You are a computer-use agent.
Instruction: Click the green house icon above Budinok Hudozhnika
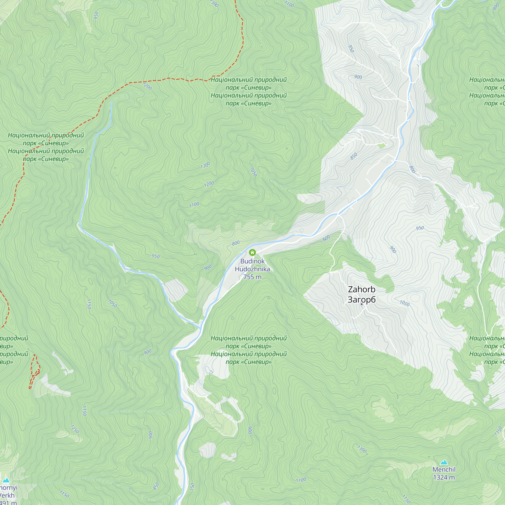252,252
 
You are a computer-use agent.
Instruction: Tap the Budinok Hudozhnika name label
252,265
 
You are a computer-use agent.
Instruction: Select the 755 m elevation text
252,277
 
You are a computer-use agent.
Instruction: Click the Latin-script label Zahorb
362,289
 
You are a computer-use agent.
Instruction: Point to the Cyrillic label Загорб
362,299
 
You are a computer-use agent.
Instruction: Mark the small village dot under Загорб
362,304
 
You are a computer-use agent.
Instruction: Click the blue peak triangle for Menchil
444,462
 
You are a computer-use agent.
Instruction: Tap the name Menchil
444,470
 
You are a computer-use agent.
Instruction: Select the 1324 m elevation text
444,477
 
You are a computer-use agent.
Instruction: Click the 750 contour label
192,487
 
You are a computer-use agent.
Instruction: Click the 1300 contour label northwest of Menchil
362,449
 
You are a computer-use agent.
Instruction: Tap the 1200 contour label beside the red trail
147,86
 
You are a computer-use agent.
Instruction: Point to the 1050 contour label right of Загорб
404,303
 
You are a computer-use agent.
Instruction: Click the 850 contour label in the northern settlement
354,156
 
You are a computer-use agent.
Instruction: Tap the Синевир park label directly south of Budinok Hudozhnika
248,350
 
